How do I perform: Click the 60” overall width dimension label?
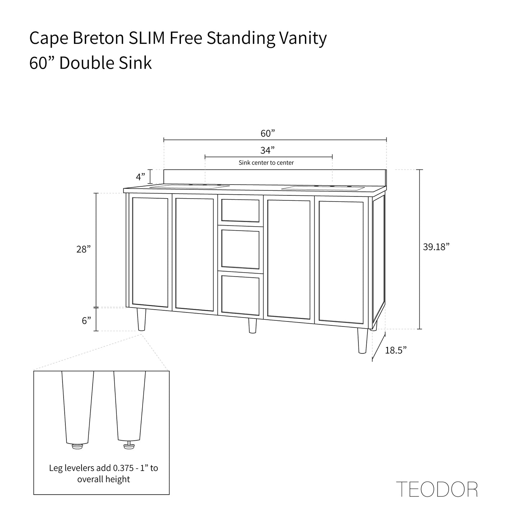(x=268, y=133)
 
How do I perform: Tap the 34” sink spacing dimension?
(x=268, y=150)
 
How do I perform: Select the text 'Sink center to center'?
(x=266, y=163)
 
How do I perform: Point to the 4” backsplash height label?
(x=140, y=177)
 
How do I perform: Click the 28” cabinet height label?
(x=83, y=249)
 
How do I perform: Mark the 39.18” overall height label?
(x=436, y=247)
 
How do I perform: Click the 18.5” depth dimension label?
(x=396, y=350)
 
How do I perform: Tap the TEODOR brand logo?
(x=437, y=489)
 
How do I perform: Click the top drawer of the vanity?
(x=240, y=210)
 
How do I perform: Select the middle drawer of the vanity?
(x=240, y=250)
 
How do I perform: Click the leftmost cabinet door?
(x=150, y=252)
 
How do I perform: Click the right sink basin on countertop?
(x=323, y=188)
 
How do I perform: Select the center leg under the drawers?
(x=253, y=325)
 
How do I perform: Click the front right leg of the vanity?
(x=362, y=340)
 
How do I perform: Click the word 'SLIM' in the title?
(x=147, y=38)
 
